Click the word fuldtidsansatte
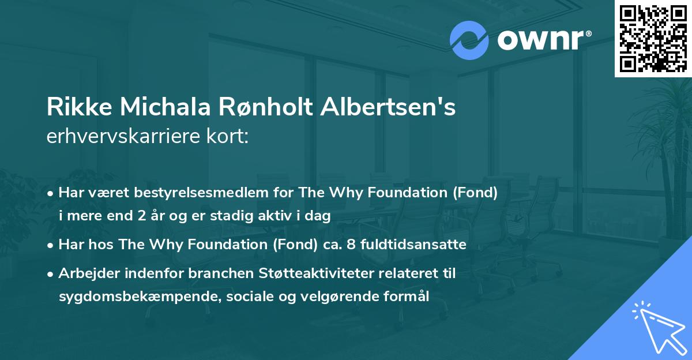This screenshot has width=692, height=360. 417,245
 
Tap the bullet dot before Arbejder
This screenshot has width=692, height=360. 51,273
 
